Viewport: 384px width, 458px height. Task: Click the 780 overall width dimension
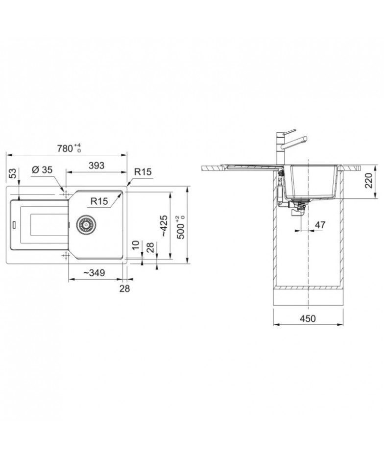69,148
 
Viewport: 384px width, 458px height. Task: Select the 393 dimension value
96,166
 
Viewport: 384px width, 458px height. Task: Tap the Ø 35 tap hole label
42,169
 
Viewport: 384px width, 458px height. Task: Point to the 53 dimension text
12,173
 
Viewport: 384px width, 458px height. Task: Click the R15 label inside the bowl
99,201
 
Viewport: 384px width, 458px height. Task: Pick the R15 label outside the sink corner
143,171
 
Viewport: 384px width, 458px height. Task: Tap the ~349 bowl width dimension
94,273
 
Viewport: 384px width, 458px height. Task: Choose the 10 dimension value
136,245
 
